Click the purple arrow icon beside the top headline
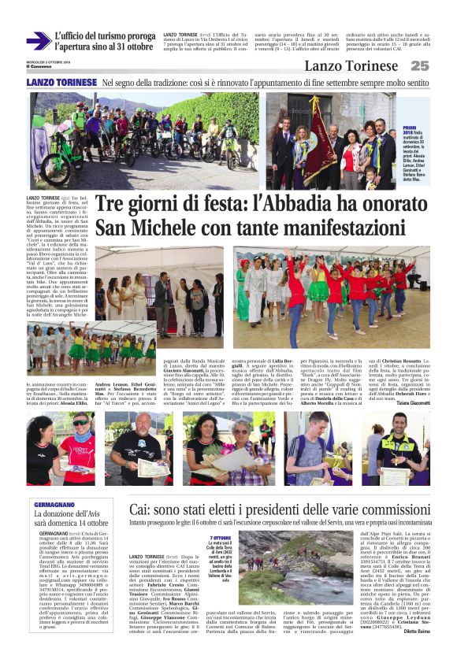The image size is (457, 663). [37, 41]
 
